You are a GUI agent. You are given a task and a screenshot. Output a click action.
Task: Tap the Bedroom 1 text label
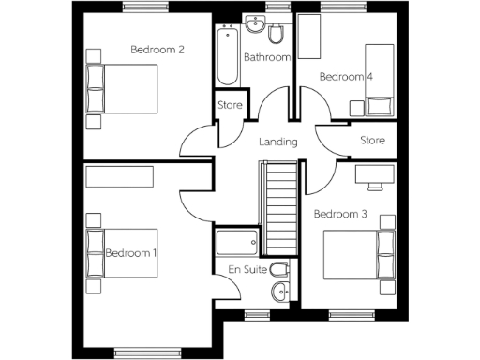click(131, 253)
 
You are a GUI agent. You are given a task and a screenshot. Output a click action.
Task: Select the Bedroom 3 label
click(338, 214)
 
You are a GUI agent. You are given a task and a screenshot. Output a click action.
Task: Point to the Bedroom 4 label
click(345, 76)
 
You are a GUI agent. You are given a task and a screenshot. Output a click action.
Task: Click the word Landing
click(278, 142)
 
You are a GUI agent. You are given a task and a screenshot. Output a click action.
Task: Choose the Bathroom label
click(267, 58)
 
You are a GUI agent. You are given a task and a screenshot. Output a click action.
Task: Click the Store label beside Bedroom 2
click(230, 105)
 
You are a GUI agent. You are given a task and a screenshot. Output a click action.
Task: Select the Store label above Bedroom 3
click(373, 141)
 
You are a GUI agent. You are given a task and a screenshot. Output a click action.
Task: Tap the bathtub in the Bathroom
click(227, 56)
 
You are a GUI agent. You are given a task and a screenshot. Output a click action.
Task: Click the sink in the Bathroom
click(253, 25)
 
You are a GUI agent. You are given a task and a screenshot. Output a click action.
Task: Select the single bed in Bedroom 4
click(378, 79)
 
